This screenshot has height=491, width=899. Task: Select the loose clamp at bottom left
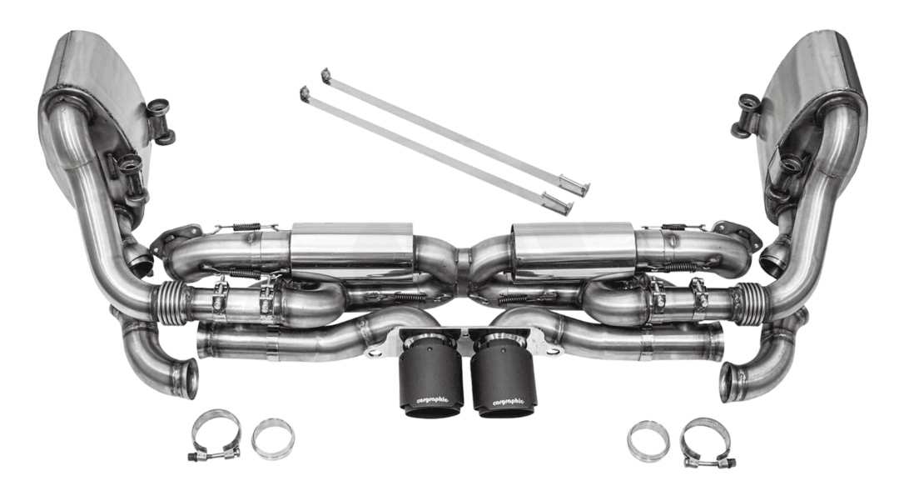click(x=215, y=435)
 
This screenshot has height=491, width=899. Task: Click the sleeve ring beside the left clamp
click(x=274, y=438)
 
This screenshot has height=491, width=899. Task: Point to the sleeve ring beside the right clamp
click(x=648, y=441)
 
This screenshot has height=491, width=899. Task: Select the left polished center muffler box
click(x=351, y=251)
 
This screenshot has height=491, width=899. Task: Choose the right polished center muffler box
click(x=571, y=251)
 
